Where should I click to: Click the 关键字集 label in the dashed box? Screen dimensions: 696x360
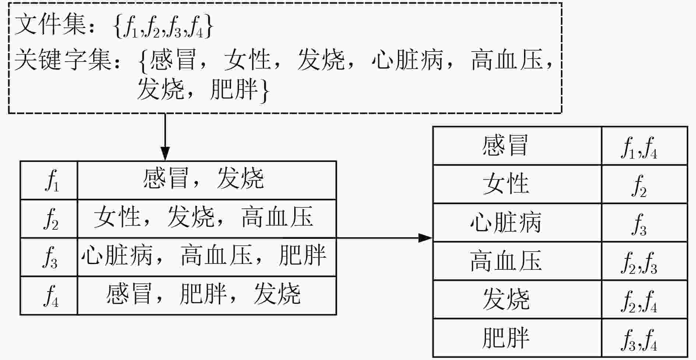(63, 60)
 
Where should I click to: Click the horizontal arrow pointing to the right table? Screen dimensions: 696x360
(384, 238)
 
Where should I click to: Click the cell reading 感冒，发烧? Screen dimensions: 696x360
(207, 180)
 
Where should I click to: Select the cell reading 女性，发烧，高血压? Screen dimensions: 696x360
(207, 219)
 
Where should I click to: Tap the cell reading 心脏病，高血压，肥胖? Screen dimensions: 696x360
(207, 257)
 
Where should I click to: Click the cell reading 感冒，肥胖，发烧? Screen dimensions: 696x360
(207, 296)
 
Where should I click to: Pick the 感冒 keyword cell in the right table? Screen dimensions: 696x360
(517, 146)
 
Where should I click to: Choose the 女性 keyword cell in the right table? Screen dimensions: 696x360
(517, 184)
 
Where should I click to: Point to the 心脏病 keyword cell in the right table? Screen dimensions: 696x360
(517, 223)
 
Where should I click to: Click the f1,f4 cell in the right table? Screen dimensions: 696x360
(644, 146)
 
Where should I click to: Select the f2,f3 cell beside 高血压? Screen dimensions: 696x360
(644, 261)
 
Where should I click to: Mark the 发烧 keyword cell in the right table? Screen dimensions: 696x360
(517, 299)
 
